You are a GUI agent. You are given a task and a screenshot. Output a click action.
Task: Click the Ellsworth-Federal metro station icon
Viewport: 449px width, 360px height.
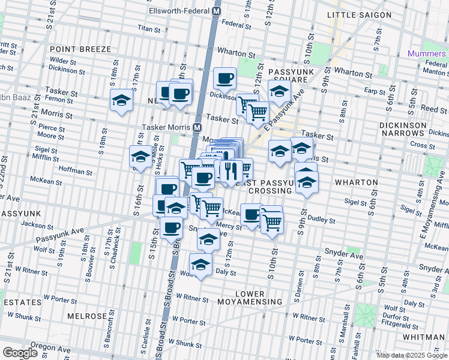(x=217, y=11)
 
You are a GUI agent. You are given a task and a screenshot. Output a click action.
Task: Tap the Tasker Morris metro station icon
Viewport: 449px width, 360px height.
(x=197, y=127)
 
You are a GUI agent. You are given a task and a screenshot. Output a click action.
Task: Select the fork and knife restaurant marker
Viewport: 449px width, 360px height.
(x=230, y=171)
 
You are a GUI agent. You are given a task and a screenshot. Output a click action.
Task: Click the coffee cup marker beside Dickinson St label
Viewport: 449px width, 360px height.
(x=224, y=78)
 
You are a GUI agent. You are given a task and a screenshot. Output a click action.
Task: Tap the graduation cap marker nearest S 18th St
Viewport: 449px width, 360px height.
(x=121, y=101)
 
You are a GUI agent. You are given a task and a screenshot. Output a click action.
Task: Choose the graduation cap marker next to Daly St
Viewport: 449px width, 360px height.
(x=200, y=263)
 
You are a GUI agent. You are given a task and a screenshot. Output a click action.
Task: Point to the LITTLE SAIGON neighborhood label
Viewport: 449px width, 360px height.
(x=358, y=14)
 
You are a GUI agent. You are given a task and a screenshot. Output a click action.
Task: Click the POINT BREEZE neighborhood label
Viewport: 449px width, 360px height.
(x=80, y=49)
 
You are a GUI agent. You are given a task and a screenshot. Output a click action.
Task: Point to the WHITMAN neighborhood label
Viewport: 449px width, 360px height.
(x=424, y=337)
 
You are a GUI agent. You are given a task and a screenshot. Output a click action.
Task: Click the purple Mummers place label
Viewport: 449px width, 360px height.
(x=426, y=53)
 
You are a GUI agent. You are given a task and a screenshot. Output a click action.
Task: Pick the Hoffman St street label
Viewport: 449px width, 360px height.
(x=76, y=172)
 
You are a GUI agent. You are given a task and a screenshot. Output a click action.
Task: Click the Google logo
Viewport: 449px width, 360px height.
(x=20, y=353)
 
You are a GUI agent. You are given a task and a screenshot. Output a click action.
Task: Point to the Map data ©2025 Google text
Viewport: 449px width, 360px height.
(x=411, y=355)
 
